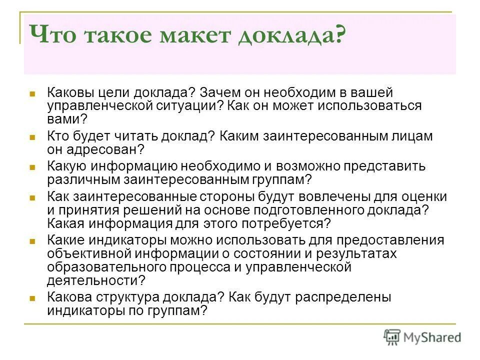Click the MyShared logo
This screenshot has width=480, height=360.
422,337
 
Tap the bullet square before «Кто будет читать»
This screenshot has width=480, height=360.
32,136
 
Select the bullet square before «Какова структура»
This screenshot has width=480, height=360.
32,297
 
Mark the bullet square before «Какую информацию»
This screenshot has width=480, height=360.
32,166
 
